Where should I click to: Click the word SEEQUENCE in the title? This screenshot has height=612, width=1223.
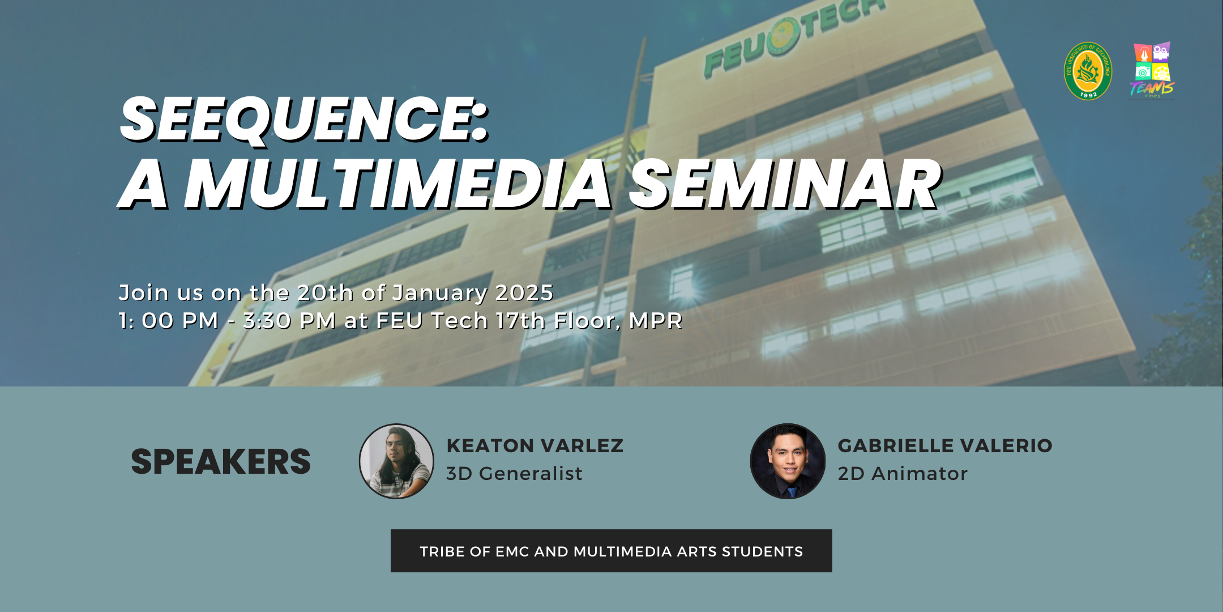coord(298,119)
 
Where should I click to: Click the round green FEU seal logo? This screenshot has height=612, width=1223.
coord(1088,71)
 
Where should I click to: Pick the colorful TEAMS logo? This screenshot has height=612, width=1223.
coord(1152,70)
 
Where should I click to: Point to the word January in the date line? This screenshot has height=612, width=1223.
coord(440,294)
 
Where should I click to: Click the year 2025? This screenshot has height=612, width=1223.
coord(524,293)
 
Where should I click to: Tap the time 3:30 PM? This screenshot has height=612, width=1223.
coord(289,321)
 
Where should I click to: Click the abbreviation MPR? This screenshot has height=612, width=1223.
coord(656,321)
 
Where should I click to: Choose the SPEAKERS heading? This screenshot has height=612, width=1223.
coord(221,461)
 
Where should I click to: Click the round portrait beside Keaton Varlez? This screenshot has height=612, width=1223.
coord(396,461)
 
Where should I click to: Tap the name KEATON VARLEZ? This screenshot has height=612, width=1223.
coord(535,445)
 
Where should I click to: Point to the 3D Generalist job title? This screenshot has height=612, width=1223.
coord(514,473)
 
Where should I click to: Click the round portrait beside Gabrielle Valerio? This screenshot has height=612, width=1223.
coord(788,461)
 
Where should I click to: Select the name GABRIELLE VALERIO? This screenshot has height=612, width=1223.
coord(945,445)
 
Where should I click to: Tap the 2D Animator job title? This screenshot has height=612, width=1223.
coord(903,473)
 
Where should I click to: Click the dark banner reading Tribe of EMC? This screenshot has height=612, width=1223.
coord(611,551)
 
